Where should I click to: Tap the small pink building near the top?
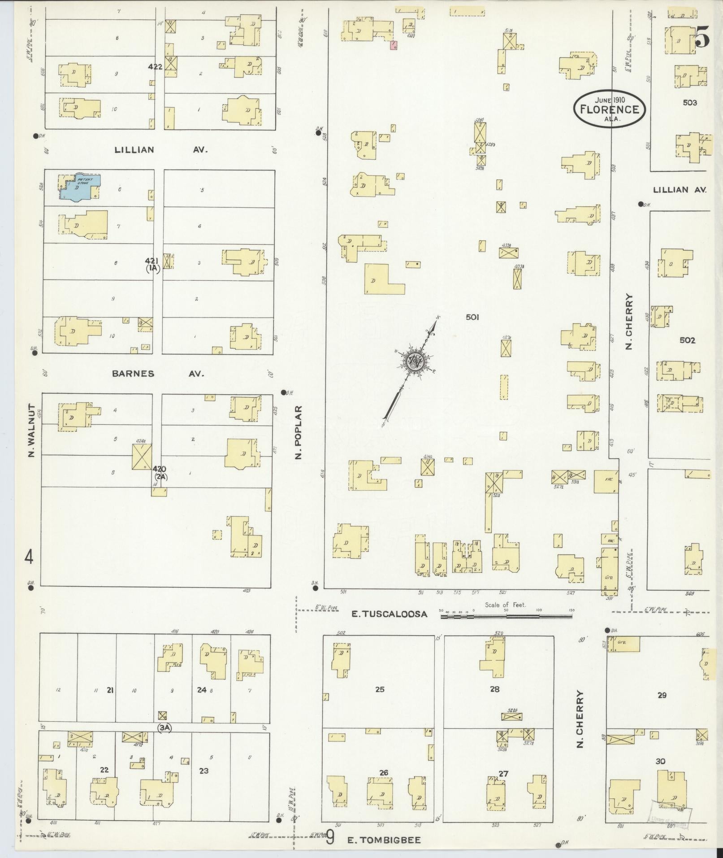coord(394,45)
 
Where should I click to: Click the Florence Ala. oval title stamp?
coord(610,109)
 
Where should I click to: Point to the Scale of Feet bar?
coord(506,617)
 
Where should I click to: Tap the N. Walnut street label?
coord(31,431)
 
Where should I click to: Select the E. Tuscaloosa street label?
coord(389,614)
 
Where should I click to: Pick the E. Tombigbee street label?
coord(384,840)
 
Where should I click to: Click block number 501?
coord(472,317)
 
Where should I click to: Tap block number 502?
coord(687,340)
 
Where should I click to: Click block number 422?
coord(155,67)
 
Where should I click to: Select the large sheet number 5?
coord(702,38)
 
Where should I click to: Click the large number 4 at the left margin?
coord(29,557)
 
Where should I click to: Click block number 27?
coord(503,773)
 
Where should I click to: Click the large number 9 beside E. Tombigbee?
coord(330,837)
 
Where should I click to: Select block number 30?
coord(660,761)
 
